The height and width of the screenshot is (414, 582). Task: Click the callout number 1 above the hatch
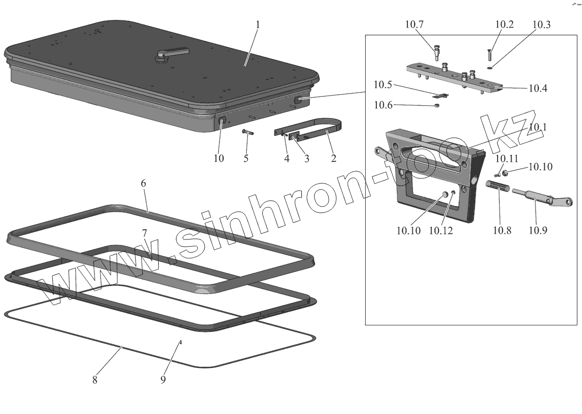[x=258, y=25]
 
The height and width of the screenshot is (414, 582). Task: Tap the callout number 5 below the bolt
[x=246, y=158]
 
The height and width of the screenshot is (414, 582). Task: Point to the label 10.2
[x=504, y=25]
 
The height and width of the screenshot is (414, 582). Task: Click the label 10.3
[x=541, y=25]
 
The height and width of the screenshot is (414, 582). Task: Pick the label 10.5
[x=383, y=85]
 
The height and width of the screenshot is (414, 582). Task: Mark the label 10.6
[x=383, y=105]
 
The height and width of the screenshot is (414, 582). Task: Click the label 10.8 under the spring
[x=502, y=230]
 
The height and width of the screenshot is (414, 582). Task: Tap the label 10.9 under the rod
[x=537, y=230]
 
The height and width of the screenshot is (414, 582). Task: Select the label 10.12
[x=440, y=230]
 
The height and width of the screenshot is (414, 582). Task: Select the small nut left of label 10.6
[x=436, y=105]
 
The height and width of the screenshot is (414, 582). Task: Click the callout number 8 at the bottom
[x=95, y=380]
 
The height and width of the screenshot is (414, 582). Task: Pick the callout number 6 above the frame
[x=143, y=183]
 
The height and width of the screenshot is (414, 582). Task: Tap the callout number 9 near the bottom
[x=163, y=380]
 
